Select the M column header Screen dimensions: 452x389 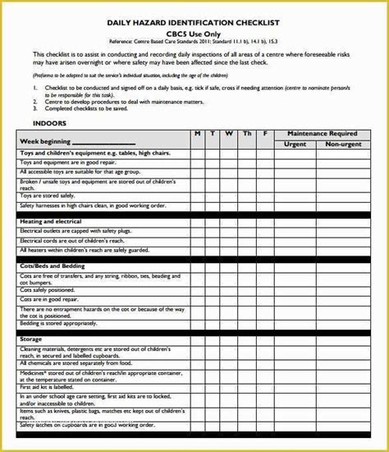coord(198,133)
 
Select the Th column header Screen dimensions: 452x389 coord(247,133)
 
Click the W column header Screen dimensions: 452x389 coord(230,133)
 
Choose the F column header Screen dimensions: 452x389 coord(264,133)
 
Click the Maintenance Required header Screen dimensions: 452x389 coord(321,133)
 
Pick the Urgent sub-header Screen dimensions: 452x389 coord(295,143)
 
